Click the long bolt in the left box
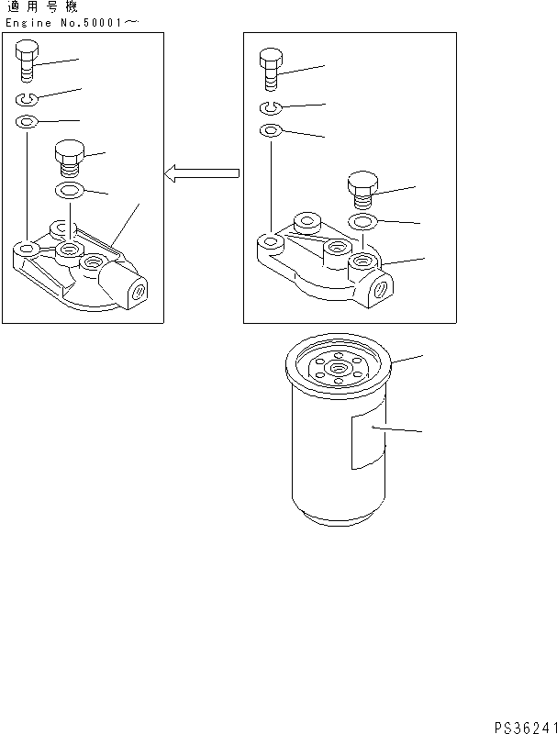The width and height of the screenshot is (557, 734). tap(28, 61)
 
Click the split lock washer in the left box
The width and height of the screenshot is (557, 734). tap(28, 99)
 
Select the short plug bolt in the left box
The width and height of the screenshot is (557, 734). tap(69, 158)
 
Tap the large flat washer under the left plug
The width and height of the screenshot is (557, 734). tap(69, 192)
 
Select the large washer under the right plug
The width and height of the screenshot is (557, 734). tap(362, 222)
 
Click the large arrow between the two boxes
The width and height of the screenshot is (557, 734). tap(202, 172)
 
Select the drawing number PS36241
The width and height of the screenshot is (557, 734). tap(523, 724)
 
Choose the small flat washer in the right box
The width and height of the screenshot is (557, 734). tap(270, 131)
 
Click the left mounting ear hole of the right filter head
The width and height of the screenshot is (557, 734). tap(270, 243)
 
